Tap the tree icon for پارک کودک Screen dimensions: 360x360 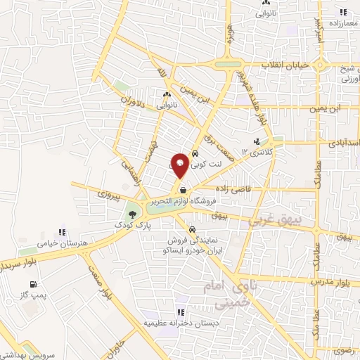pos(131,214)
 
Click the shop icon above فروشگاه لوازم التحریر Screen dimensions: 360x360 pos(183,190)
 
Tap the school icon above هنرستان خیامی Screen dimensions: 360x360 pos(61,231)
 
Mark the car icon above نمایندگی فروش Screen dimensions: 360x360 pos(192,229)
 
